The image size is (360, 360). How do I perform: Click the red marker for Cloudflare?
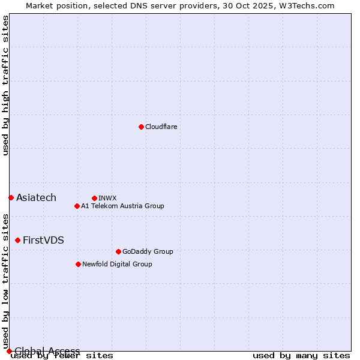[141, 127]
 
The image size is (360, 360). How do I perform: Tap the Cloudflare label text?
[161, 127]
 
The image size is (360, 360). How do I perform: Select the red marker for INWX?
[94, 198]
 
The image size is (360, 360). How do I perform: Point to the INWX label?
[107, 198]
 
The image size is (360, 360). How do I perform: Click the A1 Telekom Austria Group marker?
[77, 206]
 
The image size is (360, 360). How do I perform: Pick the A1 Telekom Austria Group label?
[122, 206]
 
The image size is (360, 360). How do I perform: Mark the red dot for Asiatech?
[11, 197]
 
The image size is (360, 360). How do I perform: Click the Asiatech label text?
[36, 197]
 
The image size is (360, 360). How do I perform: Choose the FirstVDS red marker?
[17, 240]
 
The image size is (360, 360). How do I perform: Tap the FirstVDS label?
[43, 240]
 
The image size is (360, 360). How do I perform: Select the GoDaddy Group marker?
[118, 251]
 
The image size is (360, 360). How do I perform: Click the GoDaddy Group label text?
[147, 251]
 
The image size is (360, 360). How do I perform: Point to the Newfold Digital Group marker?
[78, 264]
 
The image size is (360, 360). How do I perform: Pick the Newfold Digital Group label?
[117, 264]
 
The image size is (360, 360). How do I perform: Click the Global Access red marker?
[9, 351]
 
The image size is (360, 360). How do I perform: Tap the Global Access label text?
[47, 351]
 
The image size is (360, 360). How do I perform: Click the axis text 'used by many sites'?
[301, 356]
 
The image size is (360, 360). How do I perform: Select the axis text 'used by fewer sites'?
[62, 356]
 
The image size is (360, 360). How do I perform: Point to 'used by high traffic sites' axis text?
[5, 85]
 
